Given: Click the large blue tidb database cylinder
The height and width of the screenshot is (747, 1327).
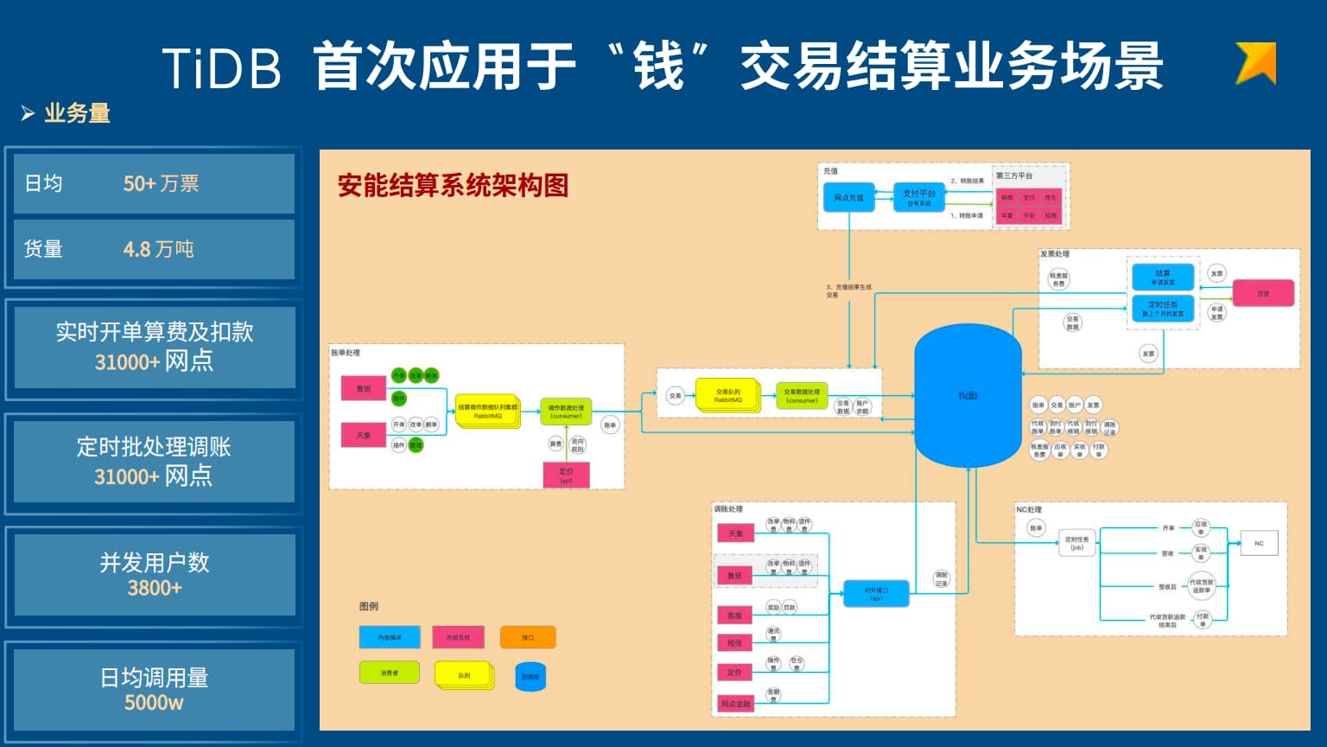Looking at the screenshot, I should [968, 396].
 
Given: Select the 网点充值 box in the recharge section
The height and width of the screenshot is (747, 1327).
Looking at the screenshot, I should [848, 197].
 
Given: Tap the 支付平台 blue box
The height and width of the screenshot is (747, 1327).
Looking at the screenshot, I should [918, 197].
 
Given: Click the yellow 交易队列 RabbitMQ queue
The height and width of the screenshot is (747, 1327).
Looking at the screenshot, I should [727, 395].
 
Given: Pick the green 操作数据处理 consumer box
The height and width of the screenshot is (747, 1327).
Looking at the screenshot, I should [566, 412].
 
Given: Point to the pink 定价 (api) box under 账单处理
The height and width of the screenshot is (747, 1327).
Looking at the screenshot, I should [566, 474].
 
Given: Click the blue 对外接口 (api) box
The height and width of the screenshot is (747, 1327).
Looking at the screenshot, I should [876, 594].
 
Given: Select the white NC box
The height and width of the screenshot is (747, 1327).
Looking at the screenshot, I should [1259, 544].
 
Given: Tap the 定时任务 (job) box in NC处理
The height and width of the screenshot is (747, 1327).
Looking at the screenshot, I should [1076, 543].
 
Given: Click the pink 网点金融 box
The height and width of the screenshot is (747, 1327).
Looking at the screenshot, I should [735, 704].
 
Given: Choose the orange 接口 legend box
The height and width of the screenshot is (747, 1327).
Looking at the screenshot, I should [527, 637].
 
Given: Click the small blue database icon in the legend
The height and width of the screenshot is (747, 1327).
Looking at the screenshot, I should [530, 676].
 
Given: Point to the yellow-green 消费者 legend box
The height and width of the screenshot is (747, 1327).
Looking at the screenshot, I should [389, 673].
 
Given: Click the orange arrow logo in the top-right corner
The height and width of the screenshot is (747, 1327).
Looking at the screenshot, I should [1256, 62].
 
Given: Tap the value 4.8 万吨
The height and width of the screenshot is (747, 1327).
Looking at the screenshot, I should [158, 249].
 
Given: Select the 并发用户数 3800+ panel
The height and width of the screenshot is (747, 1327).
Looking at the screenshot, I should [154, 575].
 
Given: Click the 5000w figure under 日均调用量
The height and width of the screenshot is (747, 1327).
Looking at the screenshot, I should [154, 703].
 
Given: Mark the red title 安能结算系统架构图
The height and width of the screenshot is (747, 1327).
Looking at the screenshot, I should [453, 185].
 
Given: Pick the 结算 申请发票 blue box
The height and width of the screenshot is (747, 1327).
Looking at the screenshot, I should [1163, 277].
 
